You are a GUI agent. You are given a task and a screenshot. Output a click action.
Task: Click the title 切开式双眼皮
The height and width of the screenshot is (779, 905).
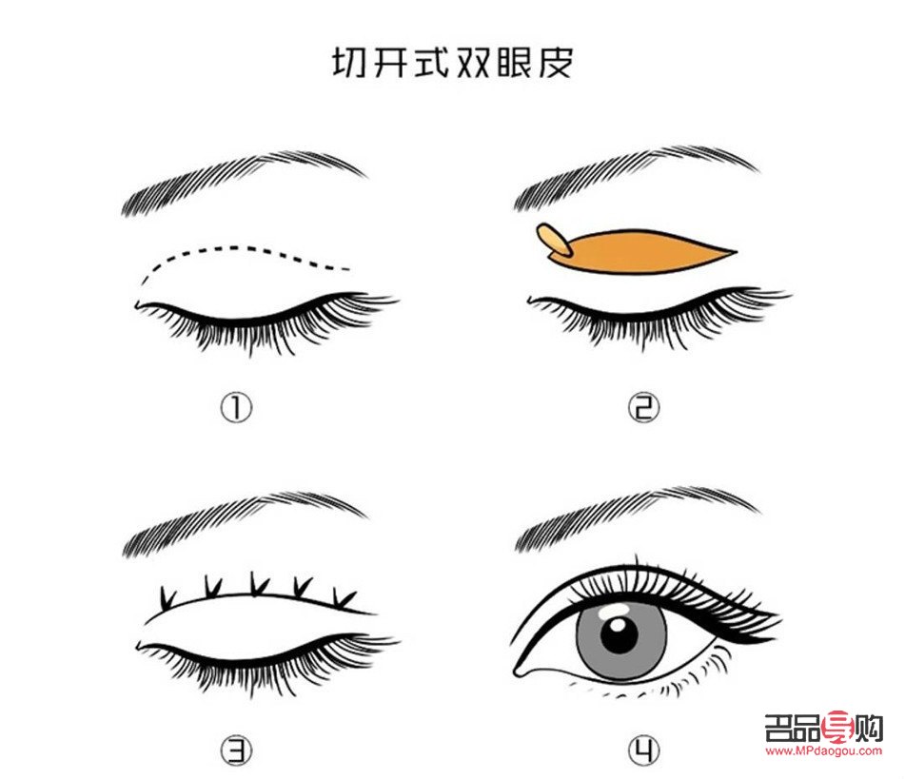coord(452,63)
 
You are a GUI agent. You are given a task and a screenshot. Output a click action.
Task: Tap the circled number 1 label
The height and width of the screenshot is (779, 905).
coord(237,408)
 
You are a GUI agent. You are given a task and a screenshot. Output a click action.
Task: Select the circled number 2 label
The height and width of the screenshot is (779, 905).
coord(643,408)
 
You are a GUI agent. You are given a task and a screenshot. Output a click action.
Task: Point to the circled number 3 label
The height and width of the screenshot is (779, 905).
coord(237,751)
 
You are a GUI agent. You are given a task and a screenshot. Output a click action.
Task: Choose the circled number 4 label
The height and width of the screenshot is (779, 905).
coord(644,751)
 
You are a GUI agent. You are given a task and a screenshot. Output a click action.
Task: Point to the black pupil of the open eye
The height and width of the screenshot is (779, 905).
coord(620,634)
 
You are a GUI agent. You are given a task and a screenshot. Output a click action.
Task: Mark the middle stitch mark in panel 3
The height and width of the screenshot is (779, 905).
coord(255,582)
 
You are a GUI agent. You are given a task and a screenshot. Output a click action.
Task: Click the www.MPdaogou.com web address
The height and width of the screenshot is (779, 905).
coord(824,751)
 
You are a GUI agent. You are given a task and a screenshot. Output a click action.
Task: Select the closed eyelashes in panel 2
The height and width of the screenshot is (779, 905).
coord(657,319)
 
